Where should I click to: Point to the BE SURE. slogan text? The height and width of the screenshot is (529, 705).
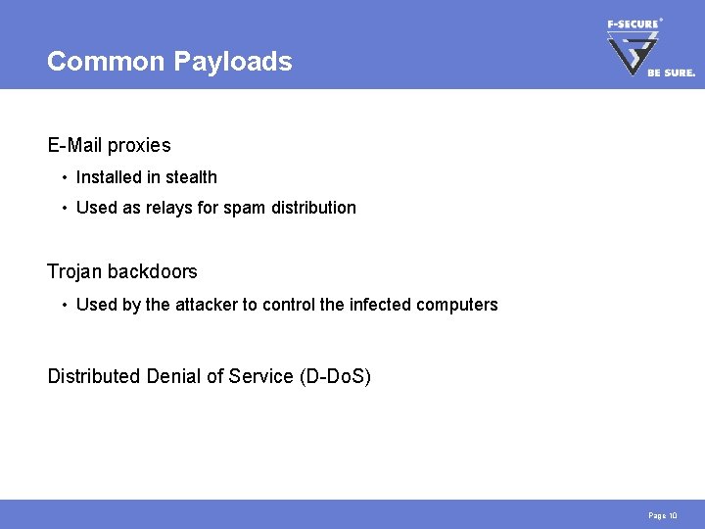[x=672, y=72]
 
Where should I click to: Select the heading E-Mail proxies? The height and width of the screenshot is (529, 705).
[x=109, y=146]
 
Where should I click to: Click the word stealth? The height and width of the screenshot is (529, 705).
[x=192, y=177]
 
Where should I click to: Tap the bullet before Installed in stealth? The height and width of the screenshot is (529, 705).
[x=63, y=178]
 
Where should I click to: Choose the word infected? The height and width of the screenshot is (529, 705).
[x=380, y=305]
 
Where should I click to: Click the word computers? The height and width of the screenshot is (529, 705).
[x=457, y=305]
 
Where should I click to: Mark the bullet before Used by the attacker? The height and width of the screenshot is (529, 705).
[x=63, y=306]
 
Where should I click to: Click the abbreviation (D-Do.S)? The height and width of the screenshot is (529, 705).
[x=334, y=377]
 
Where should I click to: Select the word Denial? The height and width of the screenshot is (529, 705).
[x=170, y=377]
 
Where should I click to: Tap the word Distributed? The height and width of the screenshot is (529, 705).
[x=94, y=377]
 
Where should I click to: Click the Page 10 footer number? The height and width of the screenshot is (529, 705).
[x=662, y=515]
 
